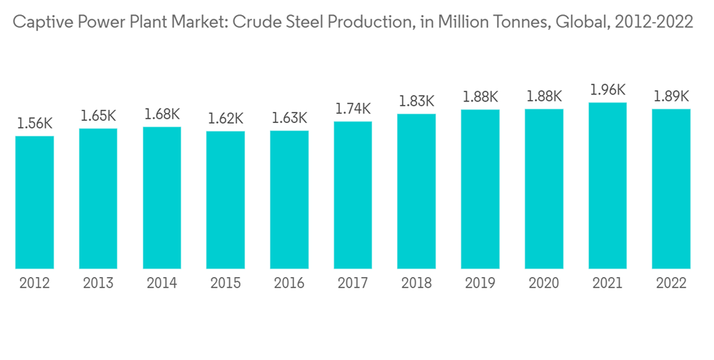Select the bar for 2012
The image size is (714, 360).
[x=34, y=202]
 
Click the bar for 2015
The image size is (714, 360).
[x=226, y=200]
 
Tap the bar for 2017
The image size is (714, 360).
[x=353, y=195]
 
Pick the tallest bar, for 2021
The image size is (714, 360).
[x=608, y=186]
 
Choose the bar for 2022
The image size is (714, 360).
[x=671, y=189]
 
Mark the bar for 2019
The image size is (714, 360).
[x=480, y=189]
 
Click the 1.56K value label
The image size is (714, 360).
[x=34, y=124]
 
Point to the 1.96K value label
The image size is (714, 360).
[x=608, y=90]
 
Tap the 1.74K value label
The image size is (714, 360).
[x=353, y=109]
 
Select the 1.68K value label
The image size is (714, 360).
[x=162, y=114]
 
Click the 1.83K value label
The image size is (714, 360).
[x=416, y=101]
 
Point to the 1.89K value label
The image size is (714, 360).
[x=671, y=96]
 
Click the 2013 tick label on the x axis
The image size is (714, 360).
[x=98, y=284]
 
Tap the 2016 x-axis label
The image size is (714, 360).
[x=289, y=284]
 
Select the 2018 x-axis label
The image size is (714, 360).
[x=416, y=284]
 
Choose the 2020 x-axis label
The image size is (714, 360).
[x=544, y=284]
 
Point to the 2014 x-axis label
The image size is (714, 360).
[x=162, y=284]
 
